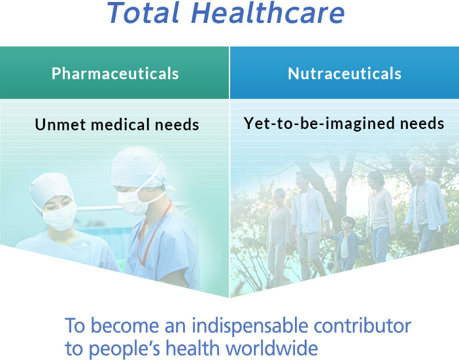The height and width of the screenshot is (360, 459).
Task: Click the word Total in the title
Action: click(143, 13)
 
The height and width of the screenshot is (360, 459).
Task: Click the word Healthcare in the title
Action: click(267, 13)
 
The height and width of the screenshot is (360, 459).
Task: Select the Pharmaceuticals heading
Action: click(115, 73)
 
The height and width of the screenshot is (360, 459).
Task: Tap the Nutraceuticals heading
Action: click(345, 73)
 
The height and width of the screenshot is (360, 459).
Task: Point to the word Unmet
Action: click(60, 124)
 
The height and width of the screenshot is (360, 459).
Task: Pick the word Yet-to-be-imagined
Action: click(320, 124)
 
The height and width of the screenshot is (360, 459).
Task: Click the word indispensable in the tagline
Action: click(250, 326)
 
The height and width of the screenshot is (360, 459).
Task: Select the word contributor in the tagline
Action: click(362, 326)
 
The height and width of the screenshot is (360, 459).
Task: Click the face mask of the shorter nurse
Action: click(60, 217)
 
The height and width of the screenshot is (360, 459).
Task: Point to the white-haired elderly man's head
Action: click(417, 173)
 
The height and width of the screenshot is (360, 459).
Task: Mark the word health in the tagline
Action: click(193, 348)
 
